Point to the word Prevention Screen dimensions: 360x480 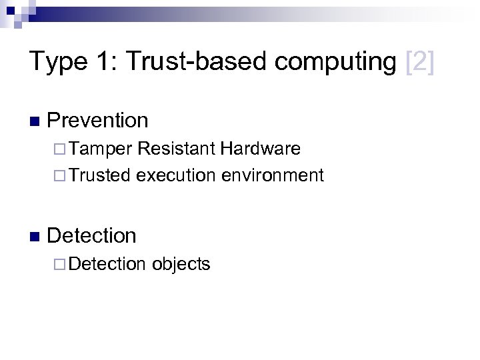tap(98, 121)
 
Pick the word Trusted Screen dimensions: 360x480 tap(101, 175)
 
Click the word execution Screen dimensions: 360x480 tap(176, 175)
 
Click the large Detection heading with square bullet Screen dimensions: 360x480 tap(92, 235)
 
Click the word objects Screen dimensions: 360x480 tap(181, 264)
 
